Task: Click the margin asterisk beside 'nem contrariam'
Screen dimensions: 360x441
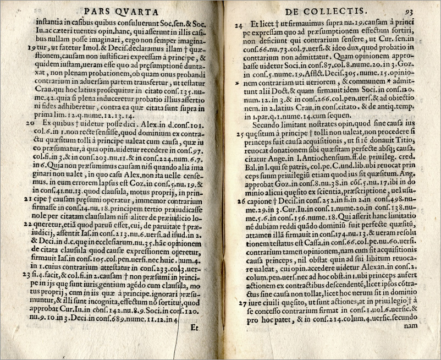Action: tap(238, 83)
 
